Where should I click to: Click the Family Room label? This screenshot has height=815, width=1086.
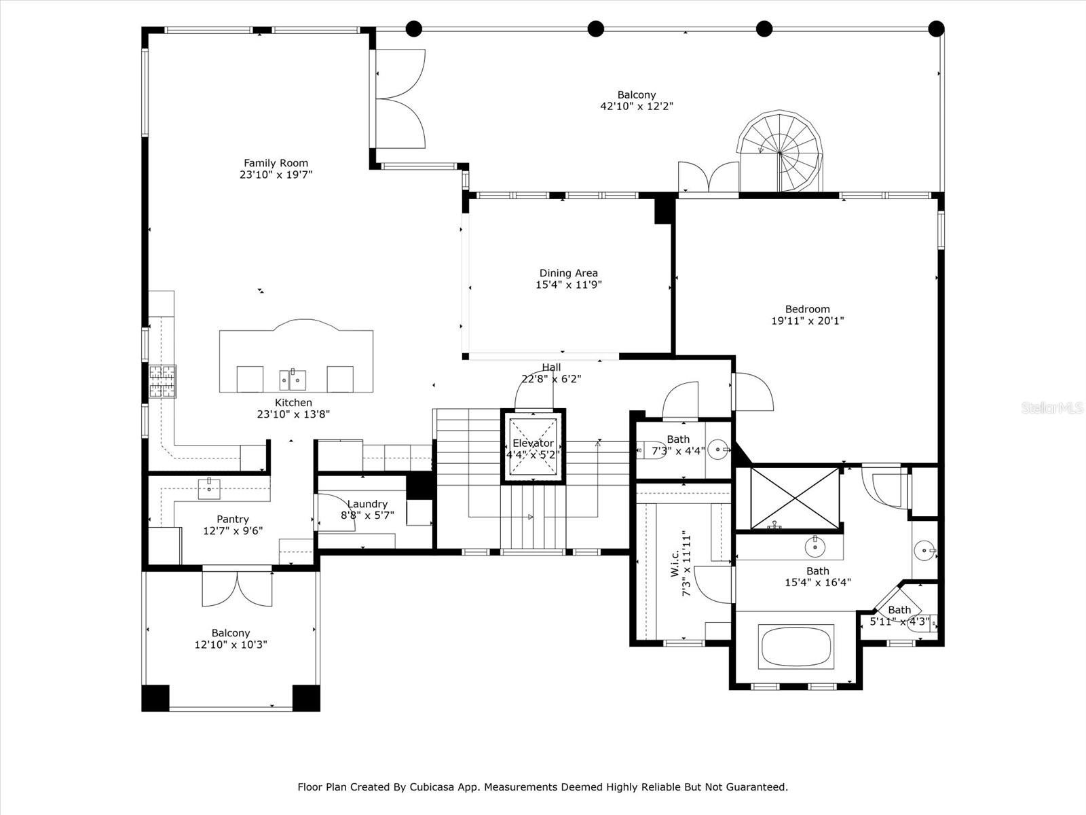pyautogui.click(x=276, y=163)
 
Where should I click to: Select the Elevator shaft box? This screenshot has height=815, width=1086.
pyautogui.click(x=533, y=447)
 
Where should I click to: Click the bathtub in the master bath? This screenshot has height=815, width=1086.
pyautogui.click(x=797, y=647)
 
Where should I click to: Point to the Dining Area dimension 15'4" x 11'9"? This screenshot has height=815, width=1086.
pyautogui.click(x=568, y=285)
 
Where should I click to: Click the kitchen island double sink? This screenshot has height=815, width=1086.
pyautogui.click(x=293, y=380)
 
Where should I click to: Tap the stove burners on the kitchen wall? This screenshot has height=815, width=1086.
pyautogui.click(x=162, y=381)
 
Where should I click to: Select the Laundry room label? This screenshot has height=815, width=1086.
pyautogui.click(x=367, y=504)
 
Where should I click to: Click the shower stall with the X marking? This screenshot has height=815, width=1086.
pyautogui.click(x=795, y=498)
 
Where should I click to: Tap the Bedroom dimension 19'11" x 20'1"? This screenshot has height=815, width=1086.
pyautogui.click(x=807, y=321)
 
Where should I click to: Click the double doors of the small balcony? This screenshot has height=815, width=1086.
pyautogui.click(x=237, y=589)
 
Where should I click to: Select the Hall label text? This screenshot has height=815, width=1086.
pyautogui.click(x=551, y=367)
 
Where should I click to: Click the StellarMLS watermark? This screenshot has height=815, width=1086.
pyautogui.click(x=1052, y=407)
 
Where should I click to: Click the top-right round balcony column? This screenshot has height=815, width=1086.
pyautogui.click(x=936, y=29)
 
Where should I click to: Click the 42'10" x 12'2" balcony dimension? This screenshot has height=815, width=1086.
pyautogui.click(x=636, y=106)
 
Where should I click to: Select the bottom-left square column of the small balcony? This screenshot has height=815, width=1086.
pyautogui.click(x=155, y=698)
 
